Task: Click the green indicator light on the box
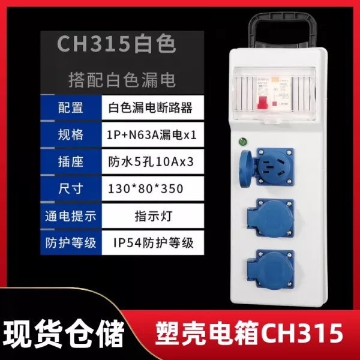(x=242, y=142)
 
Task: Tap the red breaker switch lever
(x=262, y=103)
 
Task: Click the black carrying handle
(x=282, y=30)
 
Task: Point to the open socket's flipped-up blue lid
(x=246, y=168)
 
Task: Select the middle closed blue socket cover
(x=271, y=218)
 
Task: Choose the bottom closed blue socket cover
(x=271, y=269)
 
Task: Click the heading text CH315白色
(x=116, y=43)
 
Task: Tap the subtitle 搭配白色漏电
(x=122, y=80)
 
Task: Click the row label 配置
(x=70, y=107)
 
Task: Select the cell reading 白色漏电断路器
(x=150, y=107)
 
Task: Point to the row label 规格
(x=70, y=134)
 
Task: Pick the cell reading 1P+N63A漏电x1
(x=152, y=135)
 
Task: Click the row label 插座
(x=70, y=161)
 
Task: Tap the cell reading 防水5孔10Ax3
(x=151, y=162)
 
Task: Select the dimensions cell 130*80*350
(x=146, y=189)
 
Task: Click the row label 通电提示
(x=70, y=216)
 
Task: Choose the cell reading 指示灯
(x=154, y=216)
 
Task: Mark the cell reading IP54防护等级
(x=154, y=243)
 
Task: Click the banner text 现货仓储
(x=64, y=333)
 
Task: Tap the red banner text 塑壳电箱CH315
(x=250, y=332)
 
